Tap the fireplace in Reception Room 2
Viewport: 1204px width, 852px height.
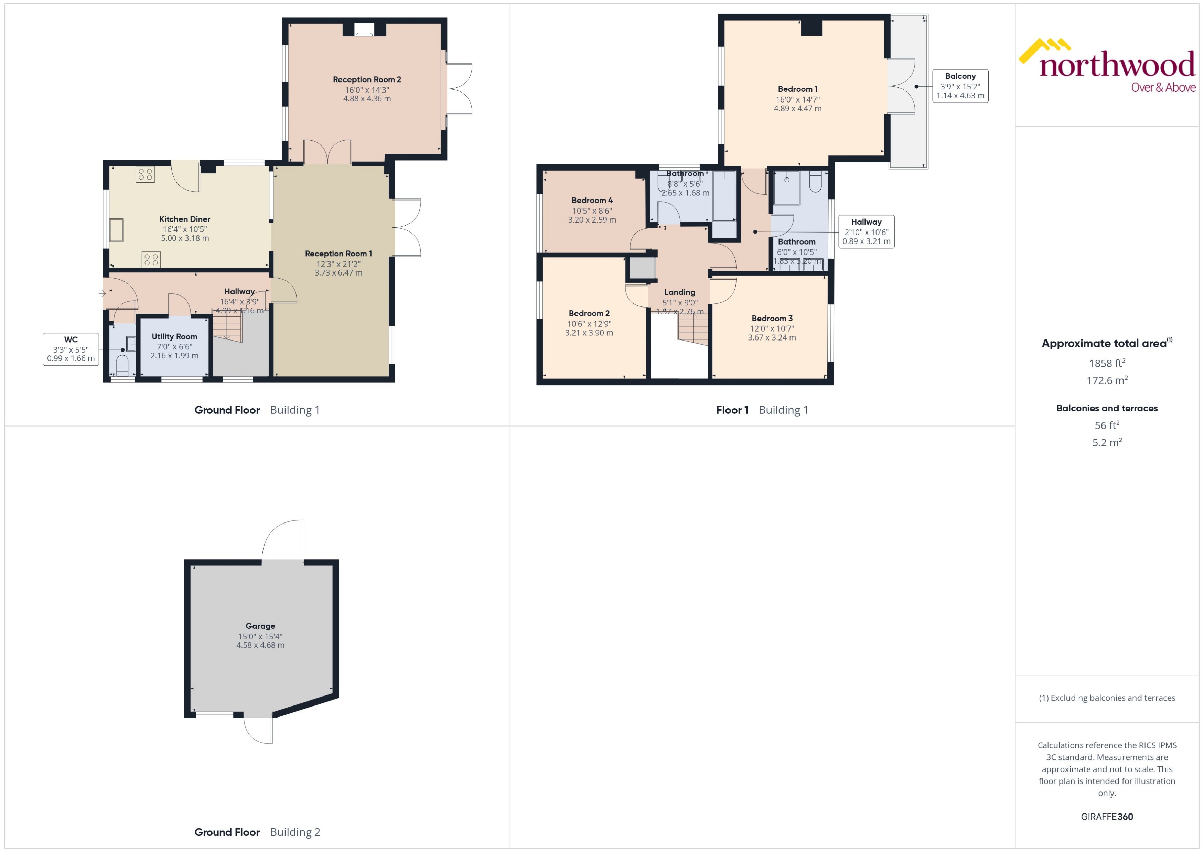pyautogui.click(x=364, y=30)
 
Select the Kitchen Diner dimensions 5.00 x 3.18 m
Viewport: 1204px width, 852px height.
pyautogui.click(x=185, y=238)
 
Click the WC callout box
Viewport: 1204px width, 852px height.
pyautogui.click(x=71, y=349)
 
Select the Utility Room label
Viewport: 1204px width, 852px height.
pyautogui.click(x=174, y=337)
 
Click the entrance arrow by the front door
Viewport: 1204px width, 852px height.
pyautogui.click(x=102, y=293)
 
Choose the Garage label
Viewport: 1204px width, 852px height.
pyautogui.click(x=260, y=626)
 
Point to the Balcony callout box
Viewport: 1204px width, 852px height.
pyautogui.click(x=960, y=86)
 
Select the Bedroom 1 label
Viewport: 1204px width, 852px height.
pyautogui.click(x=797, y=89)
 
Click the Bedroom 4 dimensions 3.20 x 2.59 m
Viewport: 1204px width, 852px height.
pyautogui.click(x=592, y=220)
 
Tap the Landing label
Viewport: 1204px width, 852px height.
pyautogui.click(x=679, y=292)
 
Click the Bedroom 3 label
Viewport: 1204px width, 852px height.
pyautogui.click(x=772, y=319)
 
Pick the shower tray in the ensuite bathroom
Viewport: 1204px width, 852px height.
pyautogui.click(x=787, y=187)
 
